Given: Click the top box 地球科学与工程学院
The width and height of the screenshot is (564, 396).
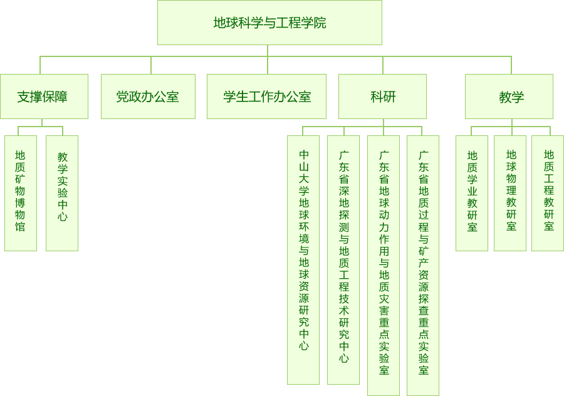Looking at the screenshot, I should point(269,23).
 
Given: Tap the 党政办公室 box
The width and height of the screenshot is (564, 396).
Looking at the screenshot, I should point(148,96).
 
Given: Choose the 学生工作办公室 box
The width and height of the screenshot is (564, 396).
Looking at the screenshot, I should point(266,96).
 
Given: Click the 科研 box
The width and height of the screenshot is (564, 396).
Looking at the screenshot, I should point(382,96).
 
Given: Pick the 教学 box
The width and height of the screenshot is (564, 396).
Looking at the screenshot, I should point(509,96).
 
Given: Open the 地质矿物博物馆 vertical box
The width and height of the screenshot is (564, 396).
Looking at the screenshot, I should point(21,193).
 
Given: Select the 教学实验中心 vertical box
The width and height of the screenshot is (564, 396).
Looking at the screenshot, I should point(62,193).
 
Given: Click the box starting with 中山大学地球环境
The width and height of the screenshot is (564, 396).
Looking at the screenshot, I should point(303,259).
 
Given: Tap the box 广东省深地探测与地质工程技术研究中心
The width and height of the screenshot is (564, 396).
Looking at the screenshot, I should point(343,259).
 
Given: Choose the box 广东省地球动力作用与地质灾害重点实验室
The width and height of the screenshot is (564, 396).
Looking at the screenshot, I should point(384,265).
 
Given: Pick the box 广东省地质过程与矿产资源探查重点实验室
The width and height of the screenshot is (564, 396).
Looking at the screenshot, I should point(423,265).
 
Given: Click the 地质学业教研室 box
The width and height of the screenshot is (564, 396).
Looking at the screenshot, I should point(472,193).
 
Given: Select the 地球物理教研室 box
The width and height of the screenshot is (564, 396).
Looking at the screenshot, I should point(510,193).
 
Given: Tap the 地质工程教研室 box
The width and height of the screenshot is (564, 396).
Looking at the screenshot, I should point(548,193).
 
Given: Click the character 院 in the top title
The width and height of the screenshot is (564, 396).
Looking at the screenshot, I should point(320,23).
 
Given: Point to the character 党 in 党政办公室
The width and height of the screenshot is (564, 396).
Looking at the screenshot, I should point(123,97).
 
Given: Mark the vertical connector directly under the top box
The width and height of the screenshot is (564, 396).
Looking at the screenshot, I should point(268,51).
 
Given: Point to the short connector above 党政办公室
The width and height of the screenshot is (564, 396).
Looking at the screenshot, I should point(151,65).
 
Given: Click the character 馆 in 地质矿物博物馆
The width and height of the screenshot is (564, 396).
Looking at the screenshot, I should point(21,226).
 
